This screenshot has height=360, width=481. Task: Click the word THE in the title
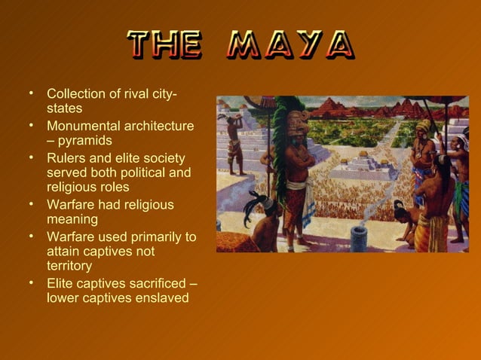tap(164, 46)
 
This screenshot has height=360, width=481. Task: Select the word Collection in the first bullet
tap(76, 95)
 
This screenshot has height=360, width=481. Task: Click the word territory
tap(69, 266)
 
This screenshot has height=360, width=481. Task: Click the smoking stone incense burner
tap(359, 236)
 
